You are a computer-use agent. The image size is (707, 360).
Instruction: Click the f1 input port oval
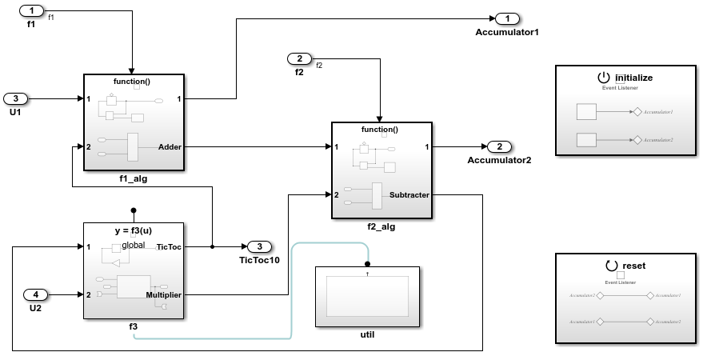pos(31,11)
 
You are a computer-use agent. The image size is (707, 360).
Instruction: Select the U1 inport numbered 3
pos(17,99)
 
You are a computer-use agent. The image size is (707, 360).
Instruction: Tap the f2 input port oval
pos(299,59)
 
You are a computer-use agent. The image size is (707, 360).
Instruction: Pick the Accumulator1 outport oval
pos(507,18)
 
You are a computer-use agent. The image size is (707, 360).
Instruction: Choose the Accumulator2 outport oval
pos(499,146)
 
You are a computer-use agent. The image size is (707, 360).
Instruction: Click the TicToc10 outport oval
pos(259,246)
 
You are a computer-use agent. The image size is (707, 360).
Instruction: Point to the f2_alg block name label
pos(381,226)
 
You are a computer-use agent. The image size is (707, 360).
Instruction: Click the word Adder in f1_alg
pos(170,147)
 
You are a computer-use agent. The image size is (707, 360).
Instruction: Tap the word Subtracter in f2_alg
pos(409,194)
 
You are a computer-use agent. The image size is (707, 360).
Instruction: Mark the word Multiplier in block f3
pos(163,294)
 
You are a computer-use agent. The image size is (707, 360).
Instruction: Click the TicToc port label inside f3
pos(169,246)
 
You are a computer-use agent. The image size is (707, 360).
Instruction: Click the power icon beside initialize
pos(603,78)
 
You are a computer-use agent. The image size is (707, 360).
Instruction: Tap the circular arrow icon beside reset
pos(612,266)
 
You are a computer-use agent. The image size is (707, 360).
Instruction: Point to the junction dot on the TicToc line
pos(212,246)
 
